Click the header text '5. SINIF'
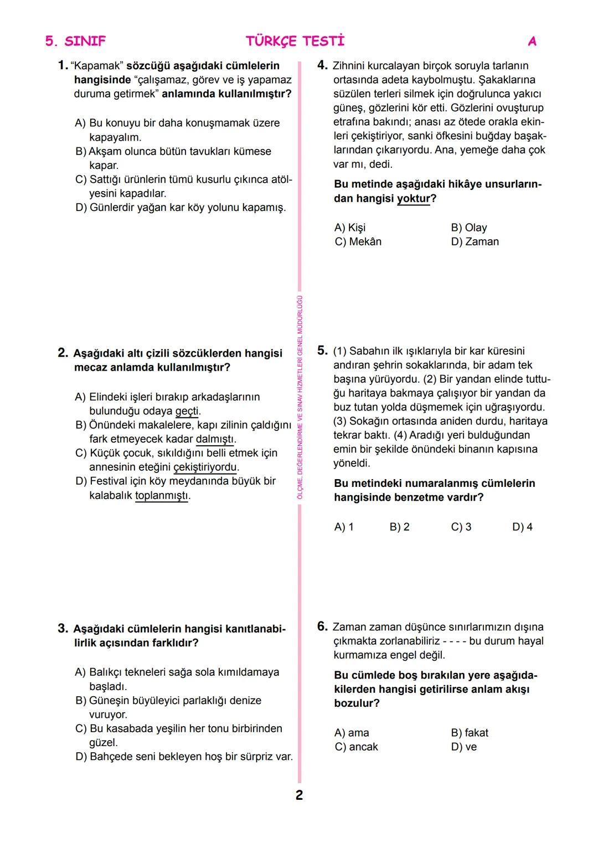75,41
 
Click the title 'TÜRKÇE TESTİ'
295,41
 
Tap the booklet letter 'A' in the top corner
532,42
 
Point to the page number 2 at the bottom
299,795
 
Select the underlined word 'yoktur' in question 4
413,198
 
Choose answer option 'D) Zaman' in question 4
475,241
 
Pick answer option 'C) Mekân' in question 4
358,241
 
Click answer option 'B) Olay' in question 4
468,228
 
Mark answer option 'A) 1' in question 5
344,527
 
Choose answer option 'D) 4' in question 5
522,527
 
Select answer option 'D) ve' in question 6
463,747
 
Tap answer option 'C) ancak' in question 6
356,747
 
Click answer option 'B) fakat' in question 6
470,733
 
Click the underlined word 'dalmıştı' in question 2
215,439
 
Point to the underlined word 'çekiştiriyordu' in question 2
205,467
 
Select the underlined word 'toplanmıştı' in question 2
162,495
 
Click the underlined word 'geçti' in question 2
187,412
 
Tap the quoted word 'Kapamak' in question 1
94,66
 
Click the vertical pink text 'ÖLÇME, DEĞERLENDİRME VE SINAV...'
300,398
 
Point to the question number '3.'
63,629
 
